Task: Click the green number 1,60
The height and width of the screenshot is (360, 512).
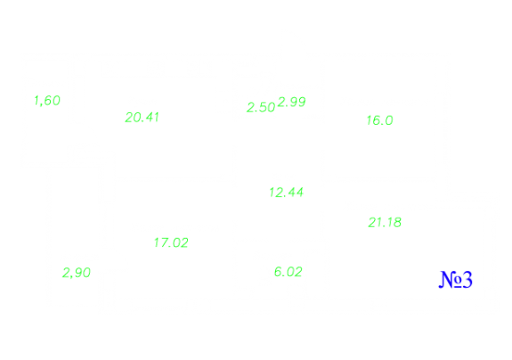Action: click(47, 101)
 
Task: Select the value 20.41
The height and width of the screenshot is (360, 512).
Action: click(142, 118)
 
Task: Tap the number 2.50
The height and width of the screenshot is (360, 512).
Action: click(261, 108)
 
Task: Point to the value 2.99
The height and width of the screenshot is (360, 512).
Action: click(292, 102)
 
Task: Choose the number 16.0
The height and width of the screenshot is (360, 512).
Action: click(379, 120)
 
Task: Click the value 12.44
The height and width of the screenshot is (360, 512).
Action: click(287, 192)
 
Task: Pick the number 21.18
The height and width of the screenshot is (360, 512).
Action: click(385, 223)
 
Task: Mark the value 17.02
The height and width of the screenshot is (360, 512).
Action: click(171, 242)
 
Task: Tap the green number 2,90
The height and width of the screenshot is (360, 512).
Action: click(77, 273)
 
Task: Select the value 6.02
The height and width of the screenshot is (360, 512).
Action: click(289, 272)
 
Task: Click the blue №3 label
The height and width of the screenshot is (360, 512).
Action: click(456, 280)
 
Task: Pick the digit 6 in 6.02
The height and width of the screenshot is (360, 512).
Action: click(278, 272)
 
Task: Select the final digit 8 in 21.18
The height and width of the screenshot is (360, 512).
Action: click(397, 223)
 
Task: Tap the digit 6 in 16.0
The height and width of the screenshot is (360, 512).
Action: click(376, 120)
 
